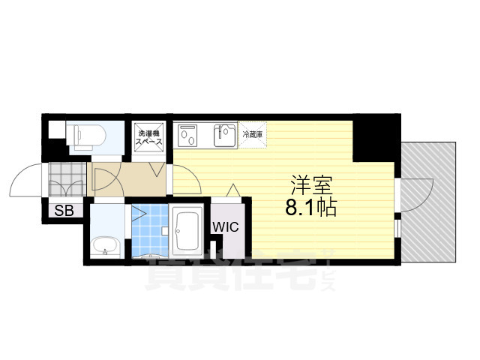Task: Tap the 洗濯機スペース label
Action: coord(148,137)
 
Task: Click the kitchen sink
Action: coord(223,136)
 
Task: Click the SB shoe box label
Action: coord(64,211)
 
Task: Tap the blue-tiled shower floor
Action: coord(148,229)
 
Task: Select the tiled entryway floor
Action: coord(68,180)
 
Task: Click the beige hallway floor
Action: coord(127,180)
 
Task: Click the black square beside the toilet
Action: coord(53,128)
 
